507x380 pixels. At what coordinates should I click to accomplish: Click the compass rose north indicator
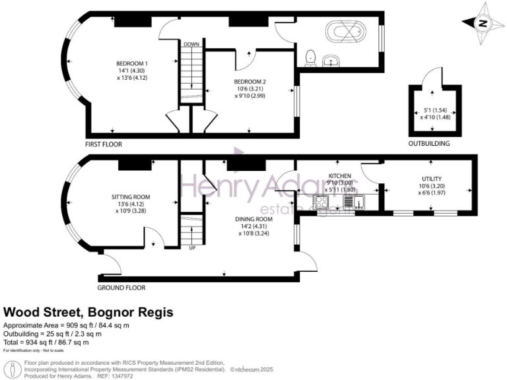tap(484, 22)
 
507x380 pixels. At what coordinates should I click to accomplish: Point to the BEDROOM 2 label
tap(250, 82)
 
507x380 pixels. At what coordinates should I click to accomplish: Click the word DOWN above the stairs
tap(191, 44)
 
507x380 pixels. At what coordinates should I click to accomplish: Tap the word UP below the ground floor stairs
tap(192, 248)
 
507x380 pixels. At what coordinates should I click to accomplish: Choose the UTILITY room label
tap(432, 179)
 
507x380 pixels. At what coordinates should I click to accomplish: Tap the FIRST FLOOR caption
tap(103, 143)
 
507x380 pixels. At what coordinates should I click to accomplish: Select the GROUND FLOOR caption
tap(121, 288)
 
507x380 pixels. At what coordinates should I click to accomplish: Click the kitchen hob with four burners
tap(322, 203)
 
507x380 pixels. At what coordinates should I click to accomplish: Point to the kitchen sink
tap(350, 203)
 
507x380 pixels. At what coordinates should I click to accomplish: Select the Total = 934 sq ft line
tap(46, 342)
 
